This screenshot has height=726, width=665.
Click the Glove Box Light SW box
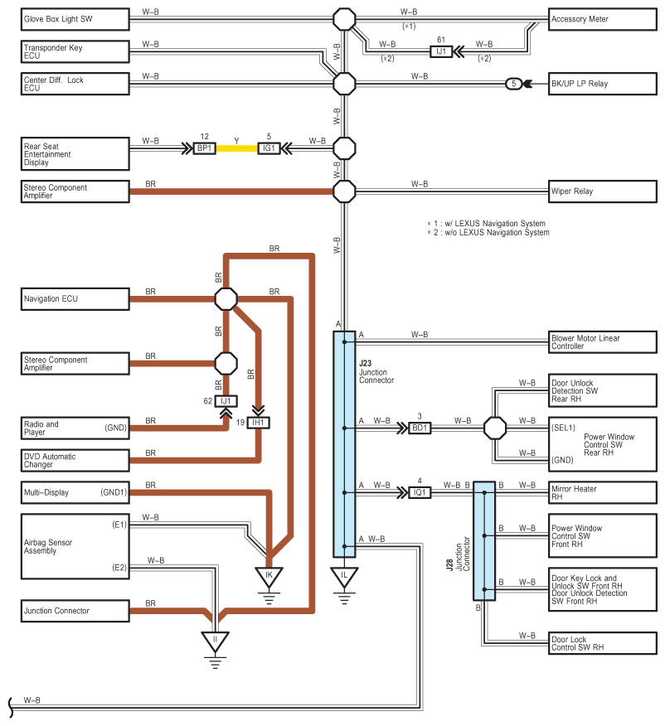click(75, 19)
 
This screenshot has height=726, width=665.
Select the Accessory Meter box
click(603, 19)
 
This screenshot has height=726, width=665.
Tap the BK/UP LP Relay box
click(603, 84)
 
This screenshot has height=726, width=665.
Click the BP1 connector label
click(204, 148)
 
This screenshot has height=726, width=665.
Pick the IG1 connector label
click(269, 148)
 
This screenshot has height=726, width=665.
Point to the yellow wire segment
click(236, 148)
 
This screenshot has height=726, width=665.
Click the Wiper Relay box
click(603, 191)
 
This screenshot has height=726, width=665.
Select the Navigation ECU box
click(75, 299)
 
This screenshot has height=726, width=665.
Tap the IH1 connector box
click(258, 423)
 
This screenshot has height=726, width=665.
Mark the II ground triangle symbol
click(215, 641)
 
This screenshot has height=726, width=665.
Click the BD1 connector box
click(420, 428)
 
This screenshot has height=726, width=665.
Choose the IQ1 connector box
click(420, 492)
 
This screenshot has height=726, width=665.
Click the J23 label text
click(366, 364)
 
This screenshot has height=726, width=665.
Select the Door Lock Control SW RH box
click(603, 644)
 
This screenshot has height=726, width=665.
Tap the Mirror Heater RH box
click(603, 492)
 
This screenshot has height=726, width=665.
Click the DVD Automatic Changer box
click(75, 461)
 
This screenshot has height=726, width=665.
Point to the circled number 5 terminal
click(513, 84)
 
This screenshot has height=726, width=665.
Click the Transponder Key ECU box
click(75, 51)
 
